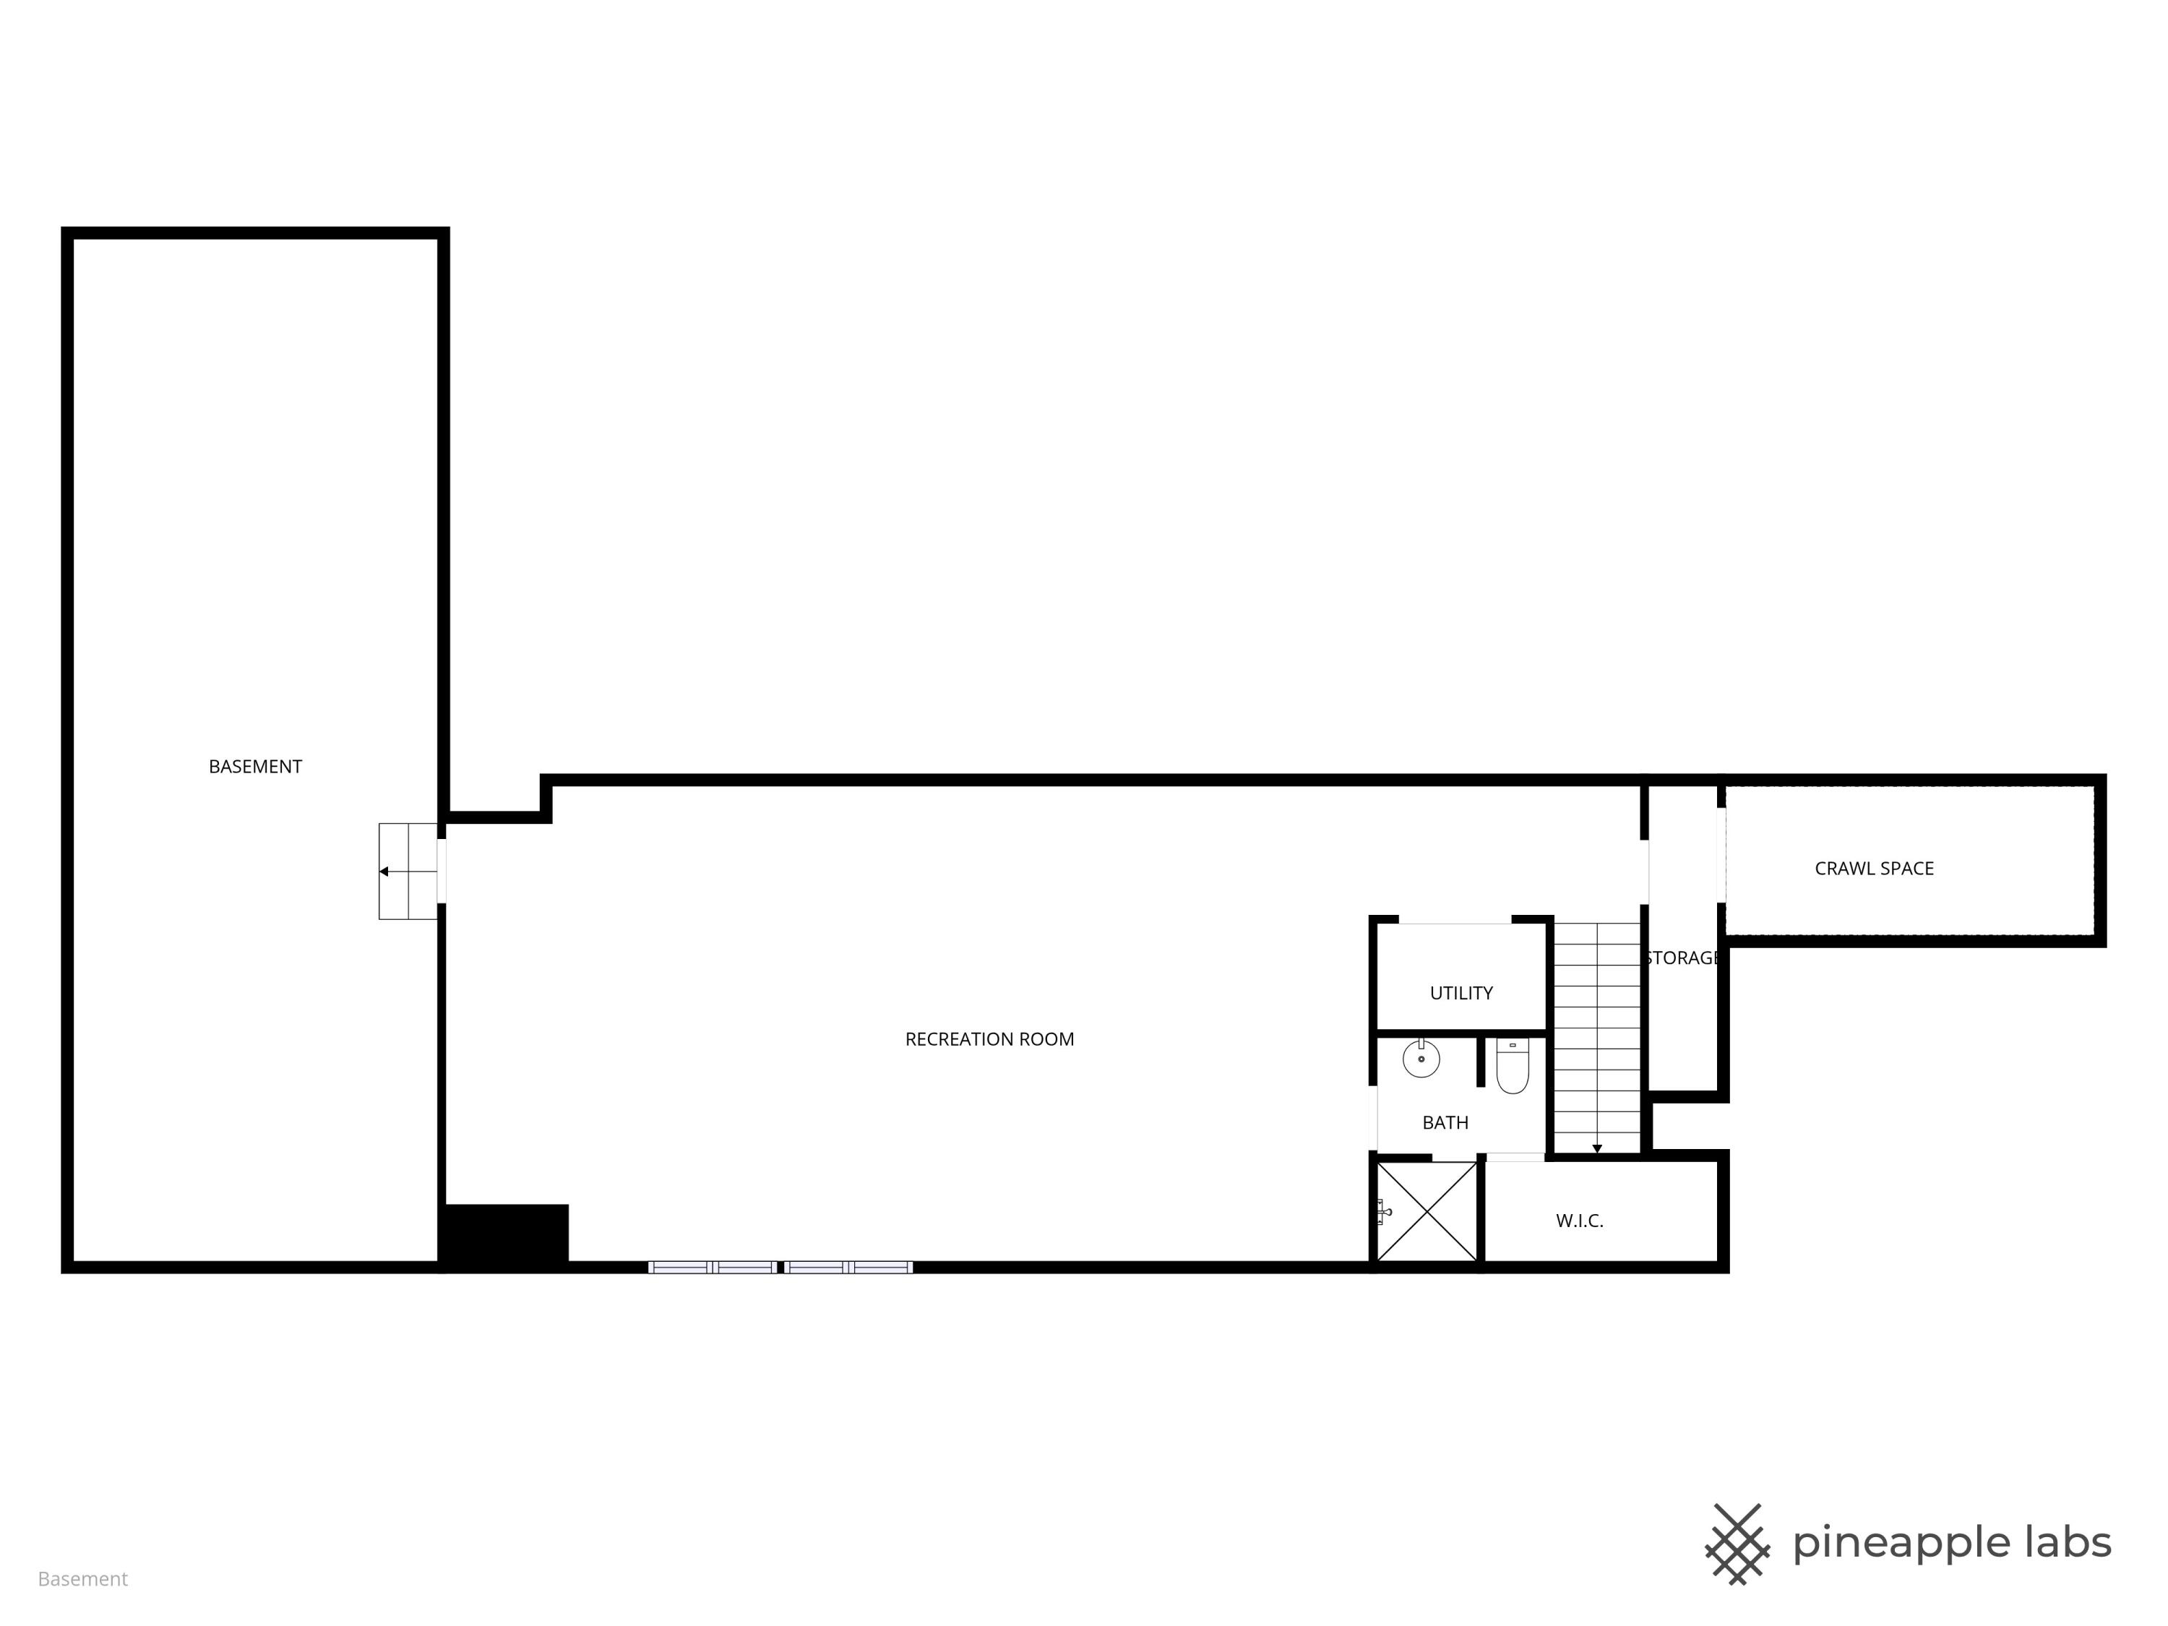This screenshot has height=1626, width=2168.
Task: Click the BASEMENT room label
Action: [255, 767]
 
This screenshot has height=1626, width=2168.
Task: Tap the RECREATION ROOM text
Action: [989, 1039]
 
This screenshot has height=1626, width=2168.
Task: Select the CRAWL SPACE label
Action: [1874, 869]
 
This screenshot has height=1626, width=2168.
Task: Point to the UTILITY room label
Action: [1461, 993]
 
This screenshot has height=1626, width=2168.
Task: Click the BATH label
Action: [1445, 1122]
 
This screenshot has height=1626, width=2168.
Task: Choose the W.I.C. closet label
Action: [1579, 1221]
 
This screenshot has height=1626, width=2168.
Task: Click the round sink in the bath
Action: [1421, 1059]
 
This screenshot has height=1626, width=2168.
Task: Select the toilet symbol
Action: [1513, 1067]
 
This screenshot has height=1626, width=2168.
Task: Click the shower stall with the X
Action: [1427, 1211]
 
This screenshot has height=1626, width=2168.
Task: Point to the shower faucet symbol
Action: [1383, 1211]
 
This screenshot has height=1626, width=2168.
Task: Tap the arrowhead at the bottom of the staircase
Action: [1596, 1149]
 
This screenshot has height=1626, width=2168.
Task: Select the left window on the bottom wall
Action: [713, 1268]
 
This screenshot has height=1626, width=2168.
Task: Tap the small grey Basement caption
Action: [82, 1579]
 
